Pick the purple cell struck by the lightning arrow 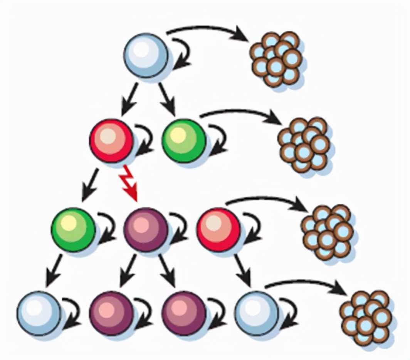point(146,229)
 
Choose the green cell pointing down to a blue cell point(73,229)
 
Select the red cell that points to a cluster point(218,229)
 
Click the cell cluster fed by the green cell point(304,144)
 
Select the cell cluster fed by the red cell point(327,231)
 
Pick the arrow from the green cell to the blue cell point(54,271)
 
